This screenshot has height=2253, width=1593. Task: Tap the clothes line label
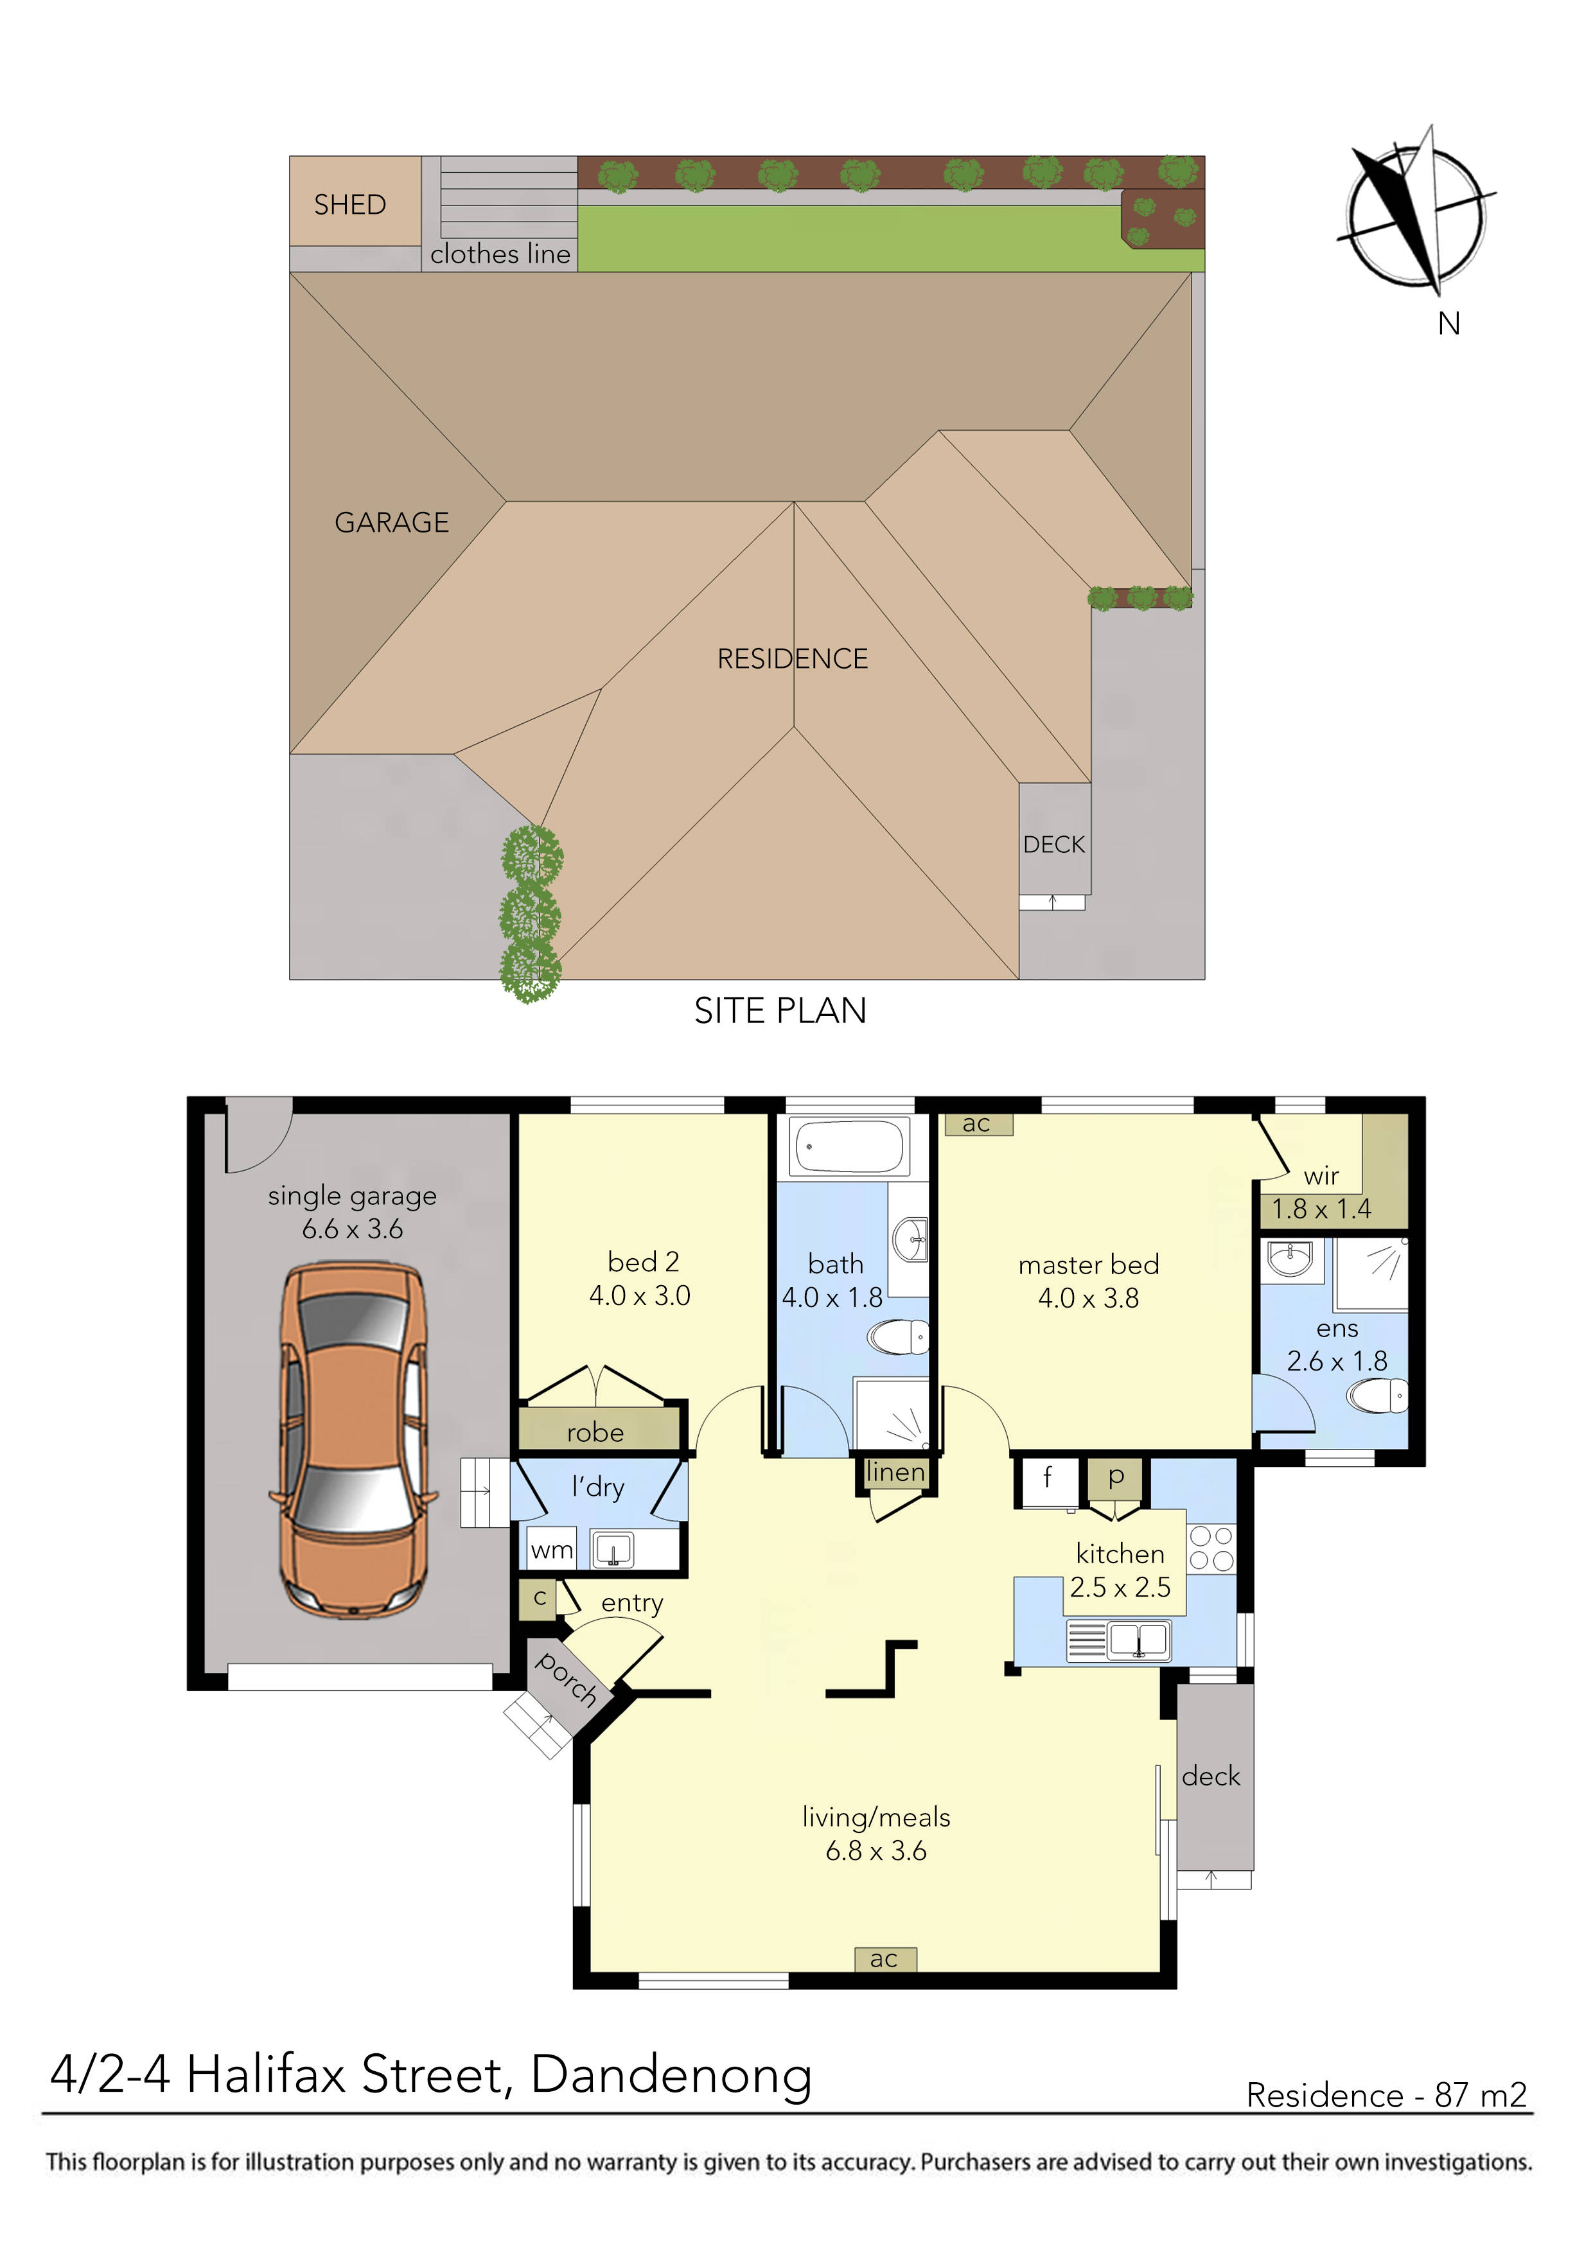pyautogui.click(x=500, y=254)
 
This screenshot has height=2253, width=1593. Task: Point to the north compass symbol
pyautogui.click(x=1415, y=214)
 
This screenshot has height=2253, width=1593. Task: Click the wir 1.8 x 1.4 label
pyautogui.click(x=1321, y=1193)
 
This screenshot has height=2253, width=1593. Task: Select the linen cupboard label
pyautogui.click(x=895, y=1472)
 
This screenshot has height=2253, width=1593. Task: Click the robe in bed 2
pyautogui.click(x=596, y=1432)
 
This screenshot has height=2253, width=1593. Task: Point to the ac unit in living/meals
pyautogui.click(x=883, y=1959)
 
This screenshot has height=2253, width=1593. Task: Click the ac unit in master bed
pyautogui.click(x=976, y=1123)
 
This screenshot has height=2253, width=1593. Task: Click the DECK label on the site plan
pyautogui.click(x=1053, y=845)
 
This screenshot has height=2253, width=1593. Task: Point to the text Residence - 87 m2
pyautogui.click(x=1386, y=2095)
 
